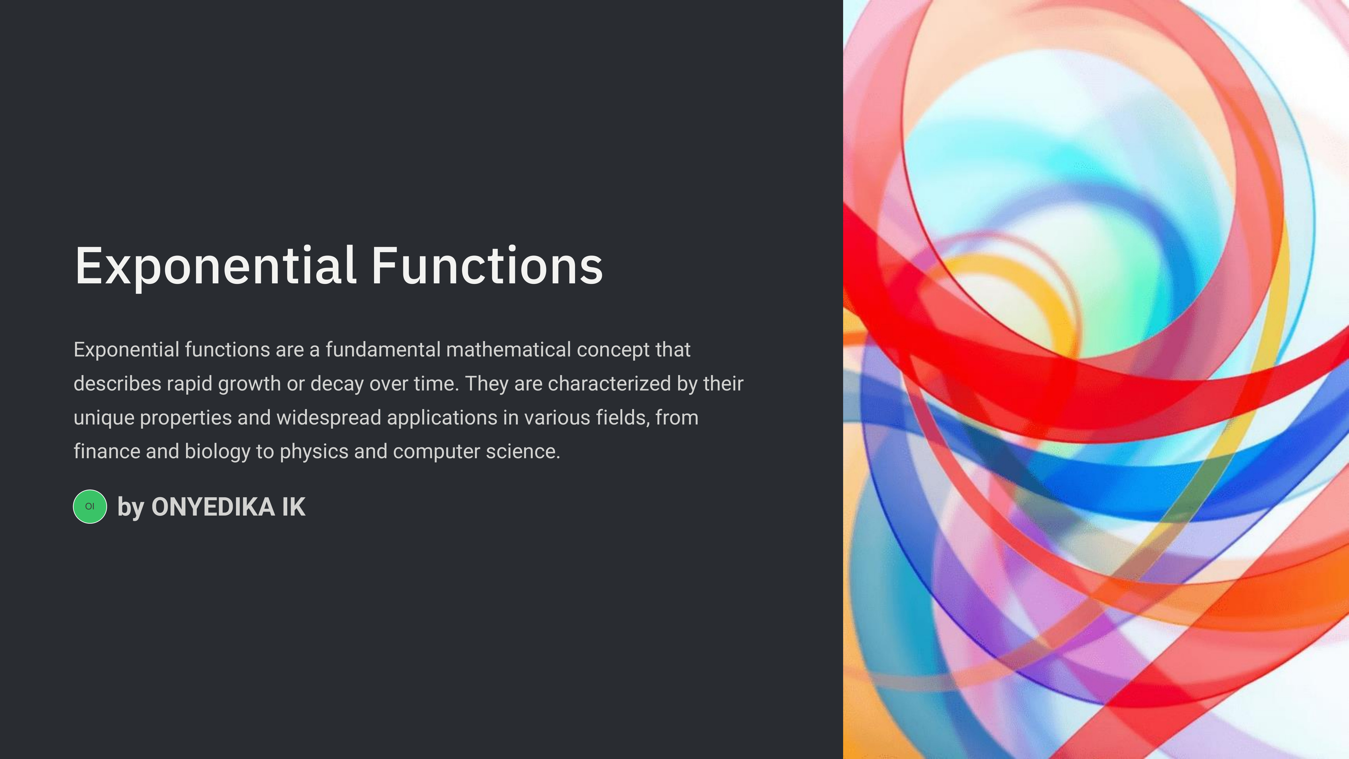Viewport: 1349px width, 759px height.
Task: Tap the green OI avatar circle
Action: (x=90, y=507)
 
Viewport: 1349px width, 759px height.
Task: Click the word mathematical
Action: (x=508, y=349)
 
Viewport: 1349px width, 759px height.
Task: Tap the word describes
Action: (x=117, y=383)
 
